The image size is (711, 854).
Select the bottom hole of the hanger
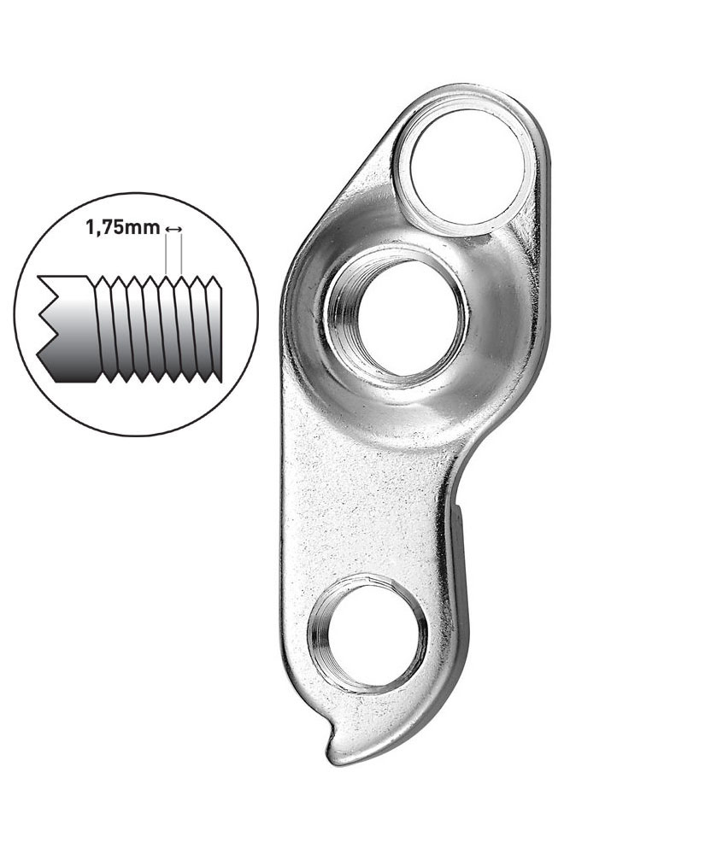click(366, 635)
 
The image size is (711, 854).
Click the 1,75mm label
click(122, 227)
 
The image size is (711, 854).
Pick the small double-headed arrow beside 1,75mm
click(173, 229)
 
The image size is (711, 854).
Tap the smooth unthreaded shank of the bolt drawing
click(73, 327)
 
